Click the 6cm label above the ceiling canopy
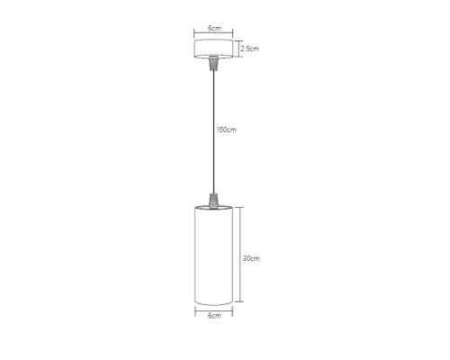click(x=214, y=28)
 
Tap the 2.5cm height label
click(x=249, y=49)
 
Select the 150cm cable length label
click(x=227, y=130)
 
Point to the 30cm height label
click(x=251, y=258)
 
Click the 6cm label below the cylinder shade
click(x=214, y=316)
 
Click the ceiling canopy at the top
click(x=213, y=49)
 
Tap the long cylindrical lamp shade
click(x=213, y=256)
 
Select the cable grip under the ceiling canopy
click(x=213, y=63)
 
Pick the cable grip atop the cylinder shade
click(x=213, y=200)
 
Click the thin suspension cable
click(x=213, y=131)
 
